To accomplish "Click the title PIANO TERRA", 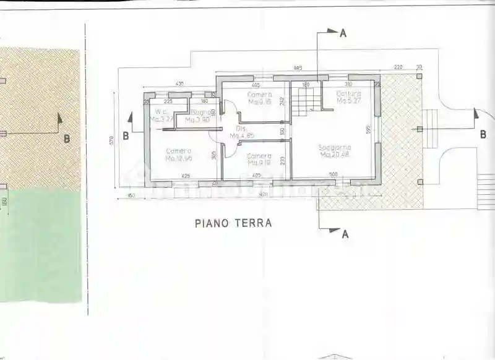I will (x=233, y=223).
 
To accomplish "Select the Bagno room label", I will (x=200, y=112).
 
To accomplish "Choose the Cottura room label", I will (x=348, y=93).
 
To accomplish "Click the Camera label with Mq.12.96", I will (x=178, y=151).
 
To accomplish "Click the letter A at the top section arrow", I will (x=343, y=33).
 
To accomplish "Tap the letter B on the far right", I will (x=483, y=135).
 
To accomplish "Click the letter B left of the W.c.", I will (x=125, y=135).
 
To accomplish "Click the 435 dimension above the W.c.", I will (x=180, y=83).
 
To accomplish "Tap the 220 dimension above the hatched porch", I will (x=398, y=67).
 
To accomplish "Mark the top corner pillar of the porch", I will (x=420, y=76).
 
